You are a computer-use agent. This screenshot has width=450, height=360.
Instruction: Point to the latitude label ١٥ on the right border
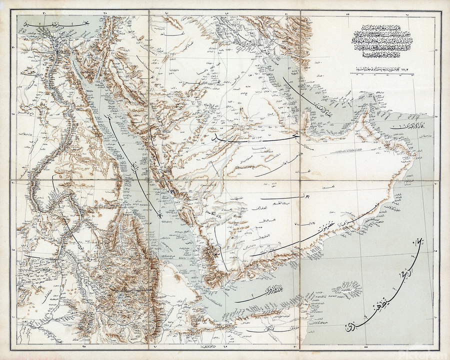(435, 251)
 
